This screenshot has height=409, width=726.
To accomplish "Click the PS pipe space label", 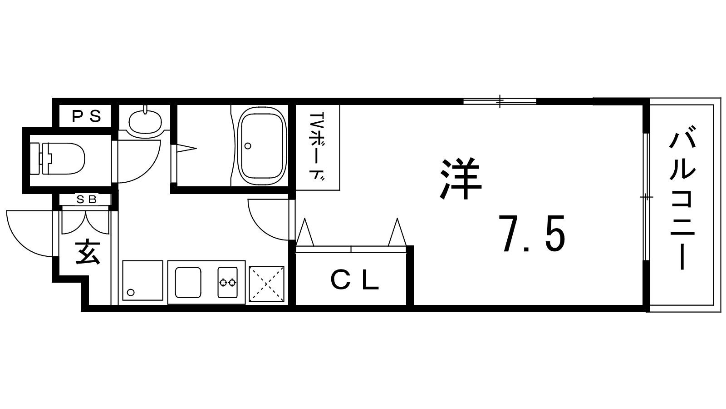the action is click(87, 116).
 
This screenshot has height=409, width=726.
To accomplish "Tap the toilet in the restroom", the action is click(57, 159).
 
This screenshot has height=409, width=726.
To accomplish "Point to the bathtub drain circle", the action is click(248, 146).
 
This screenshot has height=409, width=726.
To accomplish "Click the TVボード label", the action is click(318, 147).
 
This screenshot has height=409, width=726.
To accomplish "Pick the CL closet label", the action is click(354, 281).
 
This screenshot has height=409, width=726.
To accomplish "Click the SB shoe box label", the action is click(87, 200).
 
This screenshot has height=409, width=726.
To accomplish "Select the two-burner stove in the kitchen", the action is click(227, 282).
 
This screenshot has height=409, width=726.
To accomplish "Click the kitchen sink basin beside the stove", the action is click(188, 282).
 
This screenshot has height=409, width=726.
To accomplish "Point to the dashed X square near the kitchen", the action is click(266, 284).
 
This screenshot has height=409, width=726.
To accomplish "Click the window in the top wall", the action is click(500, 101).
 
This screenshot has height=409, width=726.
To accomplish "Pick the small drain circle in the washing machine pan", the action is click(131, 293).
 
